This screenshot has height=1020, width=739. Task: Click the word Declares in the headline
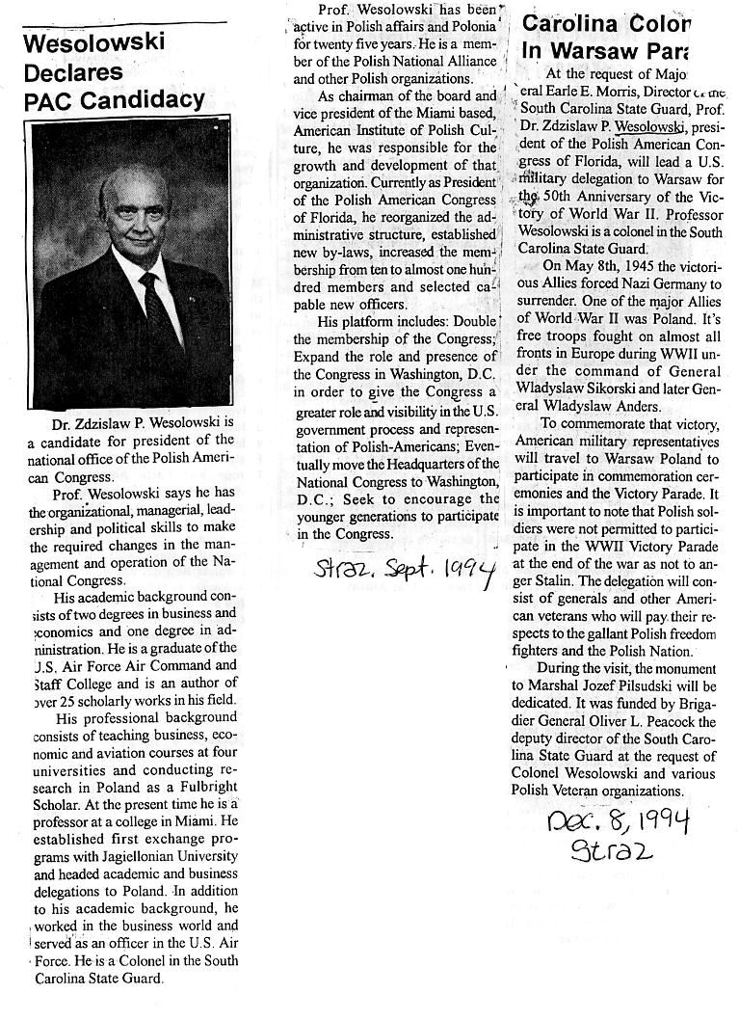72,72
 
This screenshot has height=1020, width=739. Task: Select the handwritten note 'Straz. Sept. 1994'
406,572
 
